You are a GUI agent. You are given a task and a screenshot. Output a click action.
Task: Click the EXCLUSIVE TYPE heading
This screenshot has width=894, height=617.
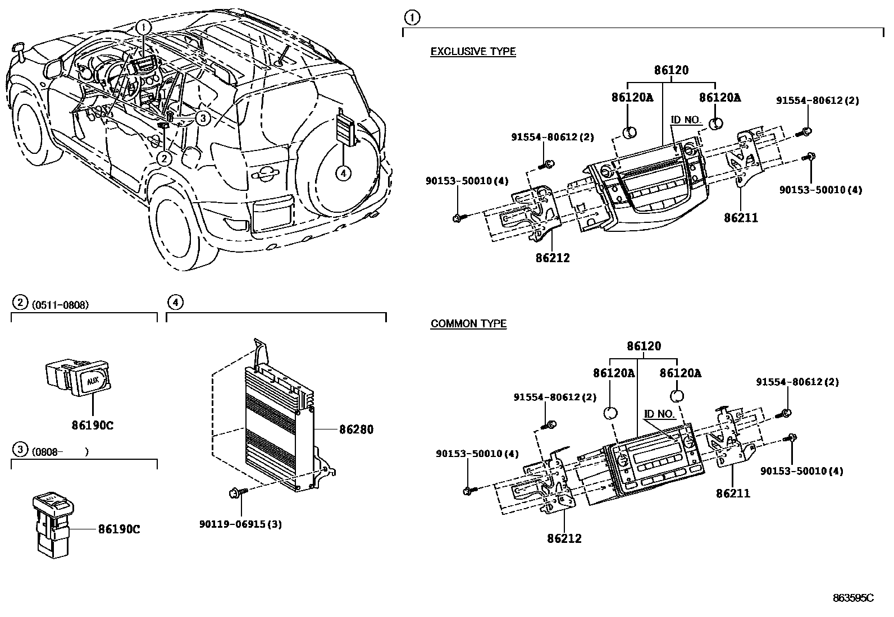[x=473, y=52]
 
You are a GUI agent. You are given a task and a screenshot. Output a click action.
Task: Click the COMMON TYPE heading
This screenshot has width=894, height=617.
[x=468, y=324]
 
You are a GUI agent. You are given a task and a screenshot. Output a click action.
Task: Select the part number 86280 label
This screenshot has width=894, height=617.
[x=355, y=429]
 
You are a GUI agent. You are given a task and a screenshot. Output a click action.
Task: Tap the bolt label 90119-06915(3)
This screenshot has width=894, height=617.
[x=240, y=524]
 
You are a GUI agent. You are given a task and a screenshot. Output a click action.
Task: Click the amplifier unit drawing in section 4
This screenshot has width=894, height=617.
[x=278, y=427]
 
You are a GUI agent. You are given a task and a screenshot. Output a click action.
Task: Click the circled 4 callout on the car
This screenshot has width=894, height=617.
[x=343, y=173]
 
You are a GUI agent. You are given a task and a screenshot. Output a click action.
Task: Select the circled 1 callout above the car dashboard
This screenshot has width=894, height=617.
[x=144, y=26]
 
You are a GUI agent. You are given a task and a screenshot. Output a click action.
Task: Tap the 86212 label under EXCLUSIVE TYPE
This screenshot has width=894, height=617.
[x=552, y=258]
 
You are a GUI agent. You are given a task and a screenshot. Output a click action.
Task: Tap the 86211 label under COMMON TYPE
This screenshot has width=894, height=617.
[x=733, y=493]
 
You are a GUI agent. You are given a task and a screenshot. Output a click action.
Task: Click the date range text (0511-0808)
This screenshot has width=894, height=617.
[x=60, y=305]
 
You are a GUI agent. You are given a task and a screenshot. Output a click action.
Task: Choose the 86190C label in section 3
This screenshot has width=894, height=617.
[x=118, y=529]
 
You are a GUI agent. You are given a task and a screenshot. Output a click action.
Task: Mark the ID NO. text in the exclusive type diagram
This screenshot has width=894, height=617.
[x=686, y=120]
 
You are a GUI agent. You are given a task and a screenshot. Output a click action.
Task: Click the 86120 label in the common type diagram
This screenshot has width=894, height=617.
[x=644, y=346]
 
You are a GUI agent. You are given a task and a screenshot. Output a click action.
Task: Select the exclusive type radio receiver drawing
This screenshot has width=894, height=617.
[x=646, y=185]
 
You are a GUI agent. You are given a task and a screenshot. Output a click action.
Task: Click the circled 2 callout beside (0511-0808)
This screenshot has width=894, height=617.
[x=20, y=303]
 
